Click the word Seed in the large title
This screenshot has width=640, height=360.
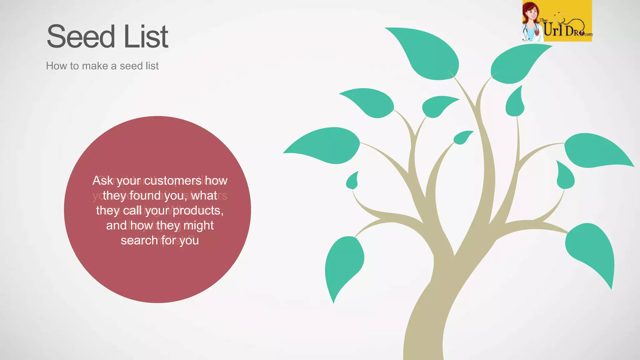tap(81, 37)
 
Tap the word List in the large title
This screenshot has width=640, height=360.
tap(146, 37)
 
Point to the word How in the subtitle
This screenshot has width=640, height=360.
tap(57, 66)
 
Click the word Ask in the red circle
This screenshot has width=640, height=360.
tap(102, 181)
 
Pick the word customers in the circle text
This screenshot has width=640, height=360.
tap(172, 181)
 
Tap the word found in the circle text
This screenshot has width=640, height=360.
tap(145, 196)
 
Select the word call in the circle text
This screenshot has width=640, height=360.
tap(132, 211)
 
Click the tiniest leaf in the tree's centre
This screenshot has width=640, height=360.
tap(462, 137)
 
